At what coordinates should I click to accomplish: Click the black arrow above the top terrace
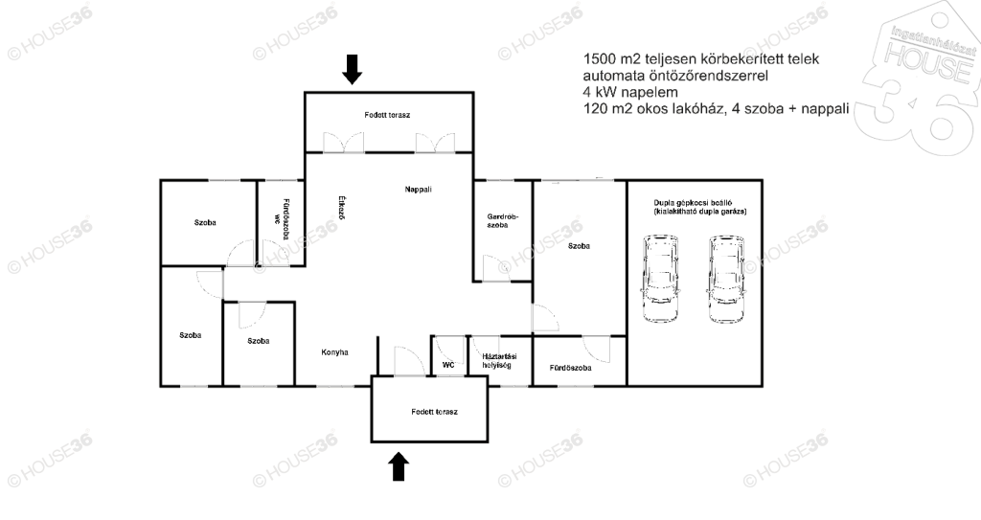click(x=353, y=69)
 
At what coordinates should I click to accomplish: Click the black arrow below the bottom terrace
click(x=399, y=466)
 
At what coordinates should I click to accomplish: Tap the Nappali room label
click(x=418, y=189)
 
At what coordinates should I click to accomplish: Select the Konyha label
click(x=334, y=352)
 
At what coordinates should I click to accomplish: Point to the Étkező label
click(x=342, y=208)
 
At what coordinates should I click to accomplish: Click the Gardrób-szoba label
click(x=503, y=221)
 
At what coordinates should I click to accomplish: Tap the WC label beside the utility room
click(x=448, y=365)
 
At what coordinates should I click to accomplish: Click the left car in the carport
click(x=660, y=279)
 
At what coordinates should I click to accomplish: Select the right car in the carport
click(x=727, y=279)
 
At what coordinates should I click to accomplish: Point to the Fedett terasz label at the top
click(x=387, y=115)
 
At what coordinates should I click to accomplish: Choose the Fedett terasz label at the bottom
click(x=434, y=412)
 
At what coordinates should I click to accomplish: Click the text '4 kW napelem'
click(x=630, y=92)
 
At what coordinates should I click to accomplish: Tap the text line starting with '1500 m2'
click(x=700, y=58)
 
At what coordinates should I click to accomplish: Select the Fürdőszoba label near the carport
click(x=570, y=368)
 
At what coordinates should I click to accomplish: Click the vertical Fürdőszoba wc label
click(x=281, y=219)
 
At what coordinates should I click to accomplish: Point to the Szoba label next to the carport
click(x=579, y=246)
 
